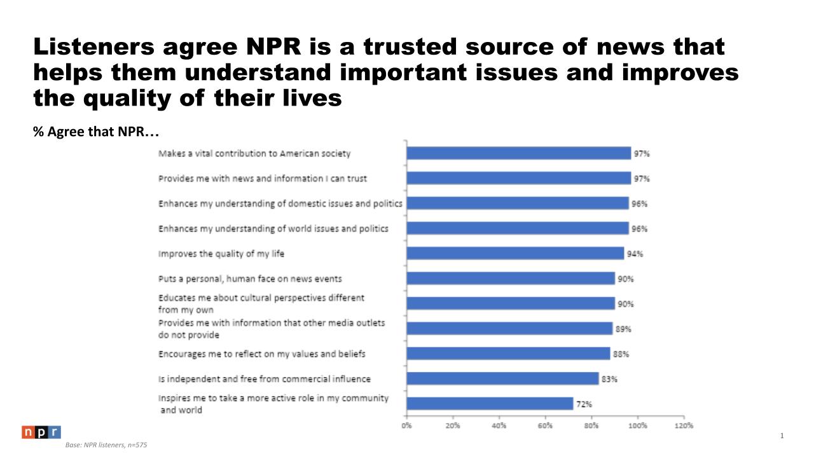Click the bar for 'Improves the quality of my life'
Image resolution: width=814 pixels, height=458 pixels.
coord(515,253)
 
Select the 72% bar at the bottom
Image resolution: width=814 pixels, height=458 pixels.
coord(490,404)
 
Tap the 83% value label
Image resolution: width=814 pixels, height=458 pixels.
coord(609,379)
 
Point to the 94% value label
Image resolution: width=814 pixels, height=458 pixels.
coord(635,254)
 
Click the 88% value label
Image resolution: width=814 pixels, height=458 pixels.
coord(621,354)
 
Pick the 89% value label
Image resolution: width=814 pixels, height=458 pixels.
coord(623,329)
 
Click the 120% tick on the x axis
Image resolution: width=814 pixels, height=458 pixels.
coord(684,426)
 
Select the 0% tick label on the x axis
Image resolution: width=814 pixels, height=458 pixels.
coord(407,426)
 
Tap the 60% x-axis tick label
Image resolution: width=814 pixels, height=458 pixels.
coord(545,426)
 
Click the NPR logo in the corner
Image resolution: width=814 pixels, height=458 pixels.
coord(41,433)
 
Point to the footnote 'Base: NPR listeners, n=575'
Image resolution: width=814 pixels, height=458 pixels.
coord(106,445)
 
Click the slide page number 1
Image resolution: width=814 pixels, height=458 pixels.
coord(782,436)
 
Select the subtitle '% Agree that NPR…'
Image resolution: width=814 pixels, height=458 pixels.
coord(95,132)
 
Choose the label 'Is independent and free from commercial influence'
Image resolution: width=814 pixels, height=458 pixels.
coord(264,379)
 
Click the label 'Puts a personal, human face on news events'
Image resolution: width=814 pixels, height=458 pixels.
coord(250,279)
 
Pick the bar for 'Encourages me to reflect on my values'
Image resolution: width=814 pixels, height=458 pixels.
coord(508,354)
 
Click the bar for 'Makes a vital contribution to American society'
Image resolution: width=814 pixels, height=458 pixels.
coord(518,153)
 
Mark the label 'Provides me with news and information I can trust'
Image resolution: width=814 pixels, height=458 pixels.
coord(263,179)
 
